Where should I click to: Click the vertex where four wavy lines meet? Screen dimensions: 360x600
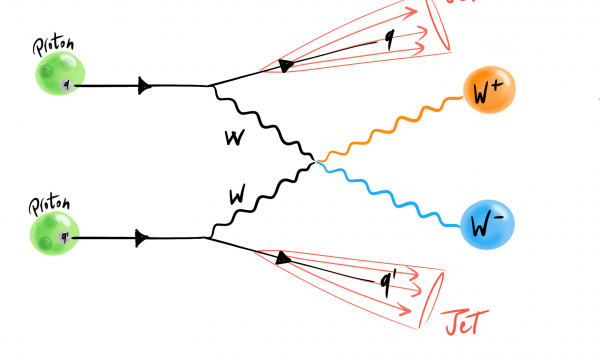click(x=317, y=159)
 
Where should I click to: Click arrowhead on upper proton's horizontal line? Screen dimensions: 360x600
click(x=146, y=85)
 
